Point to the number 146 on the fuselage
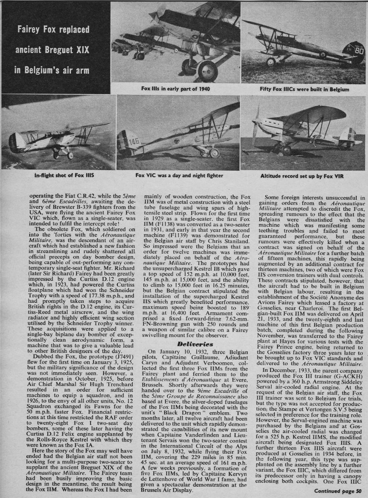tap(133, 141)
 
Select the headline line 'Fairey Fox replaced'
tap(53, 30)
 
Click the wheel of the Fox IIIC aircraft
tap(271, 62)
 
